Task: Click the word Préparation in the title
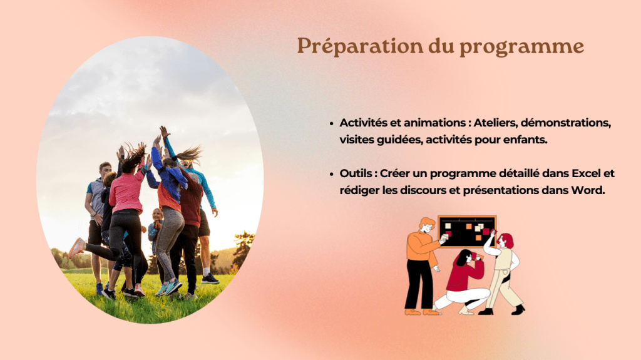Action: coord(360,46)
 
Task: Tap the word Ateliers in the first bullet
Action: coord(495,123)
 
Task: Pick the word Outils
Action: coord(356,173)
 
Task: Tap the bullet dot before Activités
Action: coord(332,123)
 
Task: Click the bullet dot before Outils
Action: coord(332,174)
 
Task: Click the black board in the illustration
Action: coord(467,232)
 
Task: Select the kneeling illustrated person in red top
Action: coord(463,282)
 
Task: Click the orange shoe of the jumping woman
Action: coord(76,248)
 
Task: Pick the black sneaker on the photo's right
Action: coord(210,279)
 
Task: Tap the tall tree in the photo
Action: coord(244,250)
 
